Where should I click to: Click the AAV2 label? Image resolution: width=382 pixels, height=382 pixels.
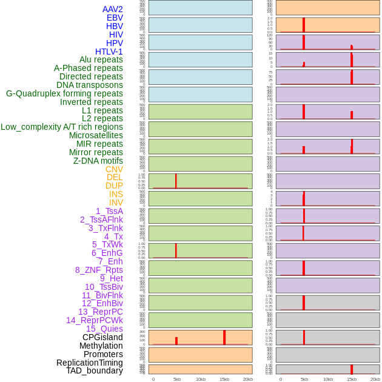[x=112, y=10]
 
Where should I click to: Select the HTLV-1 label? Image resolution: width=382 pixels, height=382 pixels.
[x=109, y=52]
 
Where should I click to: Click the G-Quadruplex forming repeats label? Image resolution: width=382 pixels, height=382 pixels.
[x=64, y=94]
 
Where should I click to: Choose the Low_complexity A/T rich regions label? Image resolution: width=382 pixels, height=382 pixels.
[x=61, y=127]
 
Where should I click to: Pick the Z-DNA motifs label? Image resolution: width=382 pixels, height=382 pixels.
[x=98, y=161]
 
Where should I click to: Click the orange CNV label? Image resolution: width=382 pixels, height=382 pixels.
[x=114, y=169]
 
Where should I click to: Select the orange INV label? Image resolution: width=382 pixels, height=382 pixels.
[x=116, y=203]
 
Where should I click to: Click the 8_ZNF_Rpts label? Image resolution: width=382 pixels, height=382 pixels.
[x=99, y=270]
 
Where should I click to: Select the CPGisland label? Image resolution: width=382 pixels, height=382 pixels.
[x=102, y=337]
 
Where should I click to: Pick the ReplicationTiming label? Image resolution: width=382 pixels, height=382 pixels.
[x=89, y=363]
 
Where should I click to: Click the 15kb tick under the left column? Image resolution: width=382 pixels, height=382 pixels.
[x=224, y=379]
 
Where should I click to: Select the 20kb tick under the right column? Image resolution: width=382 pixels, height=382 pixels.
[x=375, y=379]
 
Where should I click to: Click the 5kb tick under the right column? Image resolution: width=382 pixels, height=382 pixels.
[x=304, y=379]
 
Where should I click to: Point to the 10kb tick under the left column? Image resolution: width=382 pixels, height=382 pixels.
[x=200, y=379]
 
